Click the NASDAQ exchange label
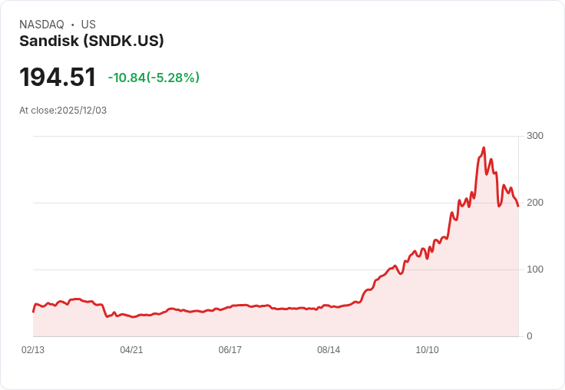coord(41,25)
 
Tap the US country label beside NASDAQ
coord(88,25)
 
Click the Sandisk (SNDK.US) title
coord(91,41)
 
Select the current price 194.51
coord(58,78)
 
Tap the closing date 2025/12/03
coord(81,111)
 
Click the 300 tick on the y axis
coord(535,136)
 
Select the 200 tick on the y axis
coord(535,203)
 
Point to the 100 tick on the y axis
coord(535,269)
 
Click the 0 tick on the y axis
coord(530,336)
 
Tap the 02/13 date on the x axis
coord(33,350)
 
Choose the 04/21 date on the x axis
coord(131,350)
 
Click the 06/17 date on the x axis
coord(230,350)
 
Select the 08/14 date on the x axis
coord(329,350)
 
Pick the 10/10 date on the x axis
coord(427,350)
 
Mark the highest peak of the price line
coord(484,147)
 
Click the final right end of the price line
coord(518,206)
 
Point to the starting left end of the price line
coord(33,312)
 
